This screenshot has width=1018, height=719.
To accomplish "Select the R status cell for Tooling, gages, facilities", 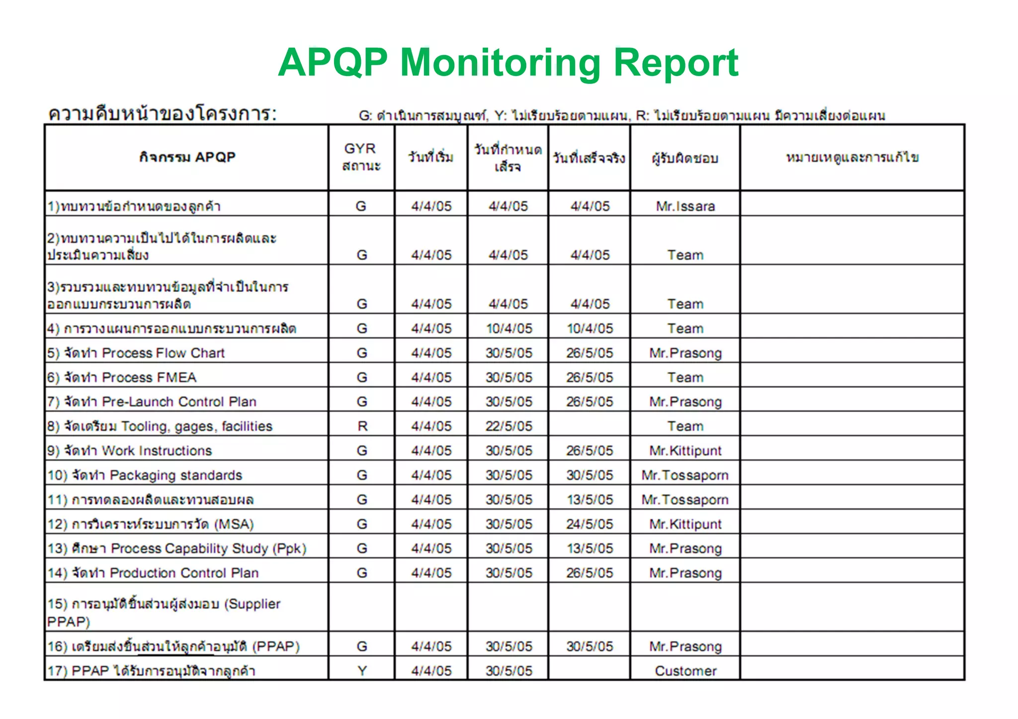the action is pos(362,426).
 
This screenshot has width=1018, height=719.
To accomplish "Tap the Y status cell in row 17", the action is pos(362,671).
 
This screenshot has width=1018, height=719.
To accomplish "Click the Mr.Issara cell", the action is pos(685,206).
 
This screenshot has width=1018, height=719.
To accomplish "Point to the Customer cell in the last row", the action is pos(685,671).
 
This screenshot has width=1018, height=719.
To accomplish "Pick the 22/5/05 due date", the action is pos(509,426).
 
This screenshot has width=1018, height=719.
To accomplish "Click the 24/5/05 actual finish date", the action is pos(590,524).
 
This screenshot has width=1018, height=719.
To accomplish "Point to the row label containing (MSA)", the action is pos(150,524).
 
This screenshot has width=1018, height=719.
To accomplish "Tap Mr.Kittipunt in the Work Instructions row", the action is pos(685,451).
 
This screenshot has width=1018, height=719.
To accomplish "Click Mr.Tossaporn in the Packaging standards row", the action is pos(685,475).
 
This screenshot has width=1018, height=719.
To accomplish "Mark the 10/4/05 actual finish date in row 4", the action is pos(590,329).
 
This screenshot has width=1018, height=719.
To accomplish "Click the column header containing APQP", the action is pos(187,157).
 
